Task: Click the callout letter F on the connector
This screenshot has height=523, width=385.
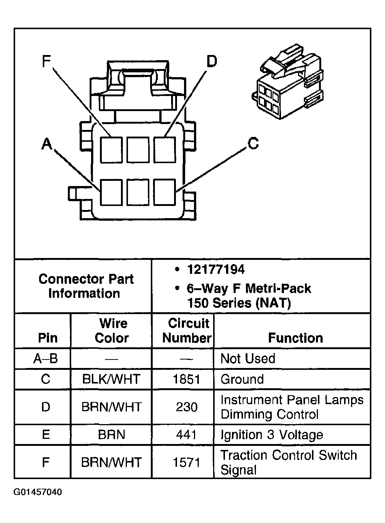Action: tap(46, 61)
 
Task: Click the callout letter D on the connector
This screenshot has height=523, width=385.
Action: tap(211, 62)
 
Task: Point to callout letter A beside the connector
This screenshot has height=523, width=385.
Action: tap(46, 144)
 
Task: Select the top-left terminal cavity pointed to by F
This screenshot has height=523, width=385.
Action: tap(111, 149)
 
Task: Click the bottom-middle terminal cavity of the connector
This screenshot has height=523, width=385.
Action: tap(138, 192)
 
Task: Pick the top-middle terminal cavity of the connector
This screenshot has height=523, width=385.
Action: tap(138, 149)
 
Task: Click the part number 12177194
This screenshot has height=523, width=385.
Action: tap(215, 270)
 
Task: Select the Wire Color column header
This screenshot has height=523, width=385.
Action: tap(112, 331)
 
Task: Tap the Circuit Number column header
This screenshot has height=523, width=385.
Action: tap(187, 331)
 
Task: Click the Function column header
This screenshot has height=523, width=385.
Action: tap(295, 338)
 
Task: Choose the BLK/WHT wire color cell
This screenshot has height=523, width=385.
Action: tap(111, 379)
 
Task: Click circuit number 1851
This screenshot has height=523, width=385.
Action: tap(187, 379)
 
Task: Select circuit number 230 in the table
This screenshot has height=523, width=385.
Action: tap(187, 407)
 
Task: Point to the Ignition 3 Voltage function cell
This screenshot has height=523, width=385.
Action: tap(272, 435)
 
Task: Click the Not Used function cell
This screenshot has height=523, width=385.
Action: tap(247, 358)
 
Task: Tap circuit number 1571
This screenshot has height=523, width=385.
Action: tap(187, 462)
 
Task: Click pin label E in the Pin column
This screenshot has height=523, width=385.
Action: tap(46, 435)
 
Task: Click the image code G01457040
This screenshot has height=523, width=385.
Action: tap(38, 492)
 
